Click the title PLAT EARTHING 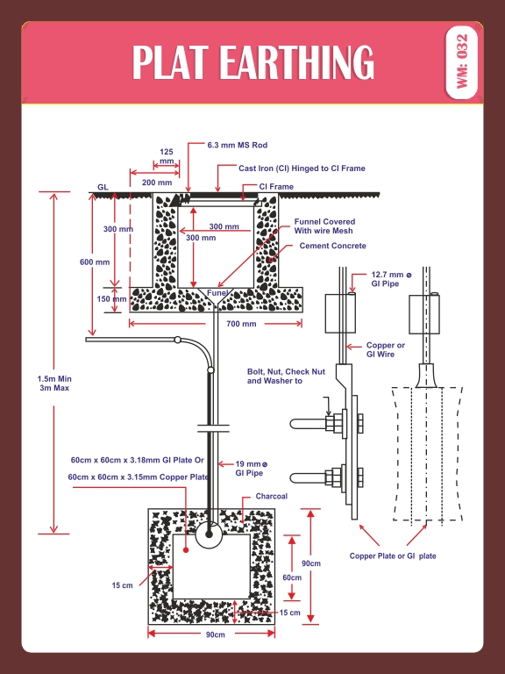click(252, 61)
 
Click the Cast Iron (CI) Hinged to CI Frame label click(302, 168)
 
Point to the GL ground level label click(103, 188)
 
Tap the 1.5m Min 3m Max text click(53, 383)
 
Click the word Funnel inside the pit click(217, 292)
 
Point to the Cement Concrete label click(332, 246)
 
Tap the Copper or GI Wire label click(386, 351)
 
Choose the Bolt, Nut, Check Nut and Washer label click(286, 376)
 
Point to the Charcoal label click(271, 497)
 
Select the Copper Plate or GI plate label click(393, 556)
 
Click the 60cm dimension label click(291, 577)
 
